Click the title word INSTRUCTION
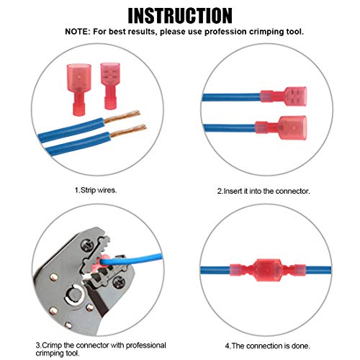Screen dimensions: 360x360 coord(179,15)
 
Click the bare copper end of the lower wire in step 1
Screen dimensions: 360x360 coord(127,132)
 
